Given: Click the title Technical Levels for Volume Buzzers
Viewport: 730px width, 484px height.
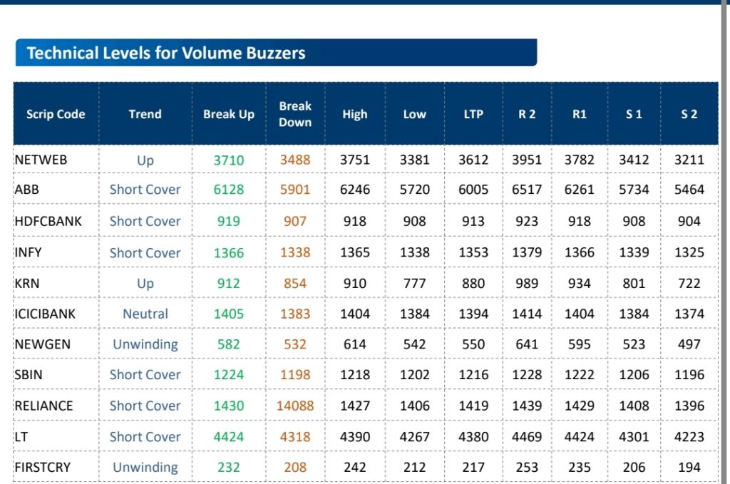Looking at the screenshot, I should (x=166, y=53).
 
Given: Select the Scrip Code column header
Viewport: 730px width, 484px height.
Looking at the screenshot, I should (x=56, y=114).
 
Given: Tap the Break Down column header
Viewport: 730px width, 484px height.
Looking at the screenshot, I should (x=295, y=114).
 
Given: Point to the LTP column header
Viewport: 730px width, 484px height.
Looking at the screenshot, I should (x=473, y=114).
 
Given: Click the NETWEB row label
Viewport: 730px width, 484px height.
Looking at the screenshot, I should (x=41, y=160).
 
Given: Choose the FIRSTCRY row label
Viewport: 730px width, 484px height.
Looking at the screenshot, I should (x=42, y=468).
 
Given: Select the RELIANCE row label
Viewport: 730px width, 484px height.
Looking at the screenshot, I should (x=43, y=406).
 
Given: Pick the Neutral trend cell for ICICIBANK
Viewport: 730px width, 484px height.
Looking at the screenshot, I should (x=145, y=314).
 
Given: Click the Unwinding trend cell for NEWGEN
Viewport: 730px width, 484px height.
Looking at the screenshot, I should (x=145, y=344).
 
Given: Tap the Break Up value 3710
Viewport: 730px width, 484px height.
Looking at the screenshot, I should (x=229, y=160).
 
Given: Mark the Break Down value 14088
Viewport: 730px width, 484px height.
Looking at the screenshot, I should (x=295, y=406).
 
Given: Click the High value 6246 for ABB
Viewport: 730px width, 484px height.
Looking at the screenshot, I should (x=355, y=190).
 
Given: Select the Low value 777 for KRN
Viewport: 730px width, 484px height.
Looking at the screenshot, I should (x=415, y=283).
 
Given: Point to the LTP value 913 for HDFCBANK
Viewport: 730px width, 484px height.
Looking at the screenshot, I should (x=473, y=221).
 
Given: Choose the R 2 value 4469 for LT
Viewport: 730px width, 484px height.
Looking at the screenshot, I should (x=527, y=436).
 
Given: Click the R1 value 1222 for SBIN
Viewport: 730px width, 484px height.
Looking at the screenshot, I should (x=580, y=375).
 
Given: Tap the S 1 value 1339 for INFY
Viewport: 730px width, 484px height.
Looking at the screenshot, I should (x=634, y=252).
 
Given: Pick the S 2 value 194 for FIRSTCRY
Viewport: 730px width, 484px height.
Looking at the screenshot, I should (x=689, y=468).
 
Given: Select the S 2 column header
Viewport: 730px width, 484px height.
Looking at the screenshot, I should (x=689, y=114).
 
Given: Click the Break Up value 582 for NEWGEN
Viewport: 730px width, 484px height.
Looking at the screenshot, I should (x=229, y=344).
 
